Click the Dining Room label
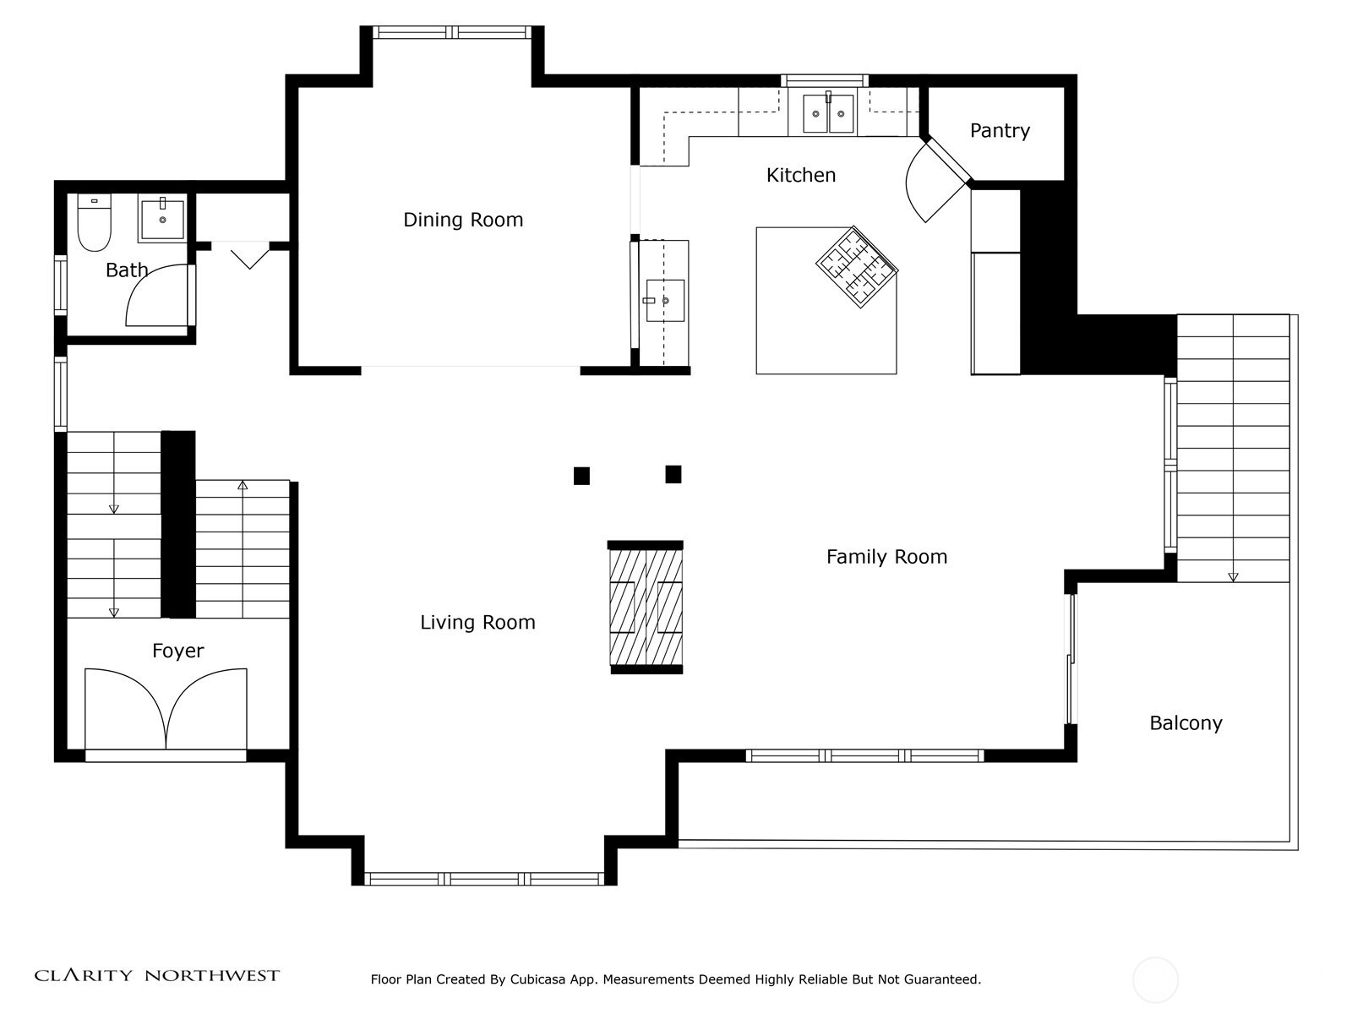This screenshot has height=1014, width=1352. coord(463,220)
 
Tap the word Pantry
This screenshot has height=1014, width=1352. coord(1000,130)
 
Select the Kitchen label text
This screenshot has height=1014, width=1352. coord(801,176)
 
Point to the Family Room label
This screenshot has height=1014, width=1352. coord(886,557)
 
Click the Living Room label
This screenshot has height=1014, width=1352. coord(477,623)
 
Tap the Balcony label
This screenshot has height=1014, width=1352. coord(1186,722)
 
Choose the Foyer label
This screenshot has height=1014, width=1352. coord(178,651)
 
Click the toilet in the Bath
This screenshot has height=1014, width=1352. coord(95,222)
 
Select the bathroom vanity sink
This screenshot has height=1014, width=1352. coord(162,219)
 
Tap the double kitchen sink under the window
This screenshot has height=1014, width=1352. coord(828,113)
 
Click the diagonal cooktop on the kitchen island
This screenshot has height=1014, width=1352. coord(857,267)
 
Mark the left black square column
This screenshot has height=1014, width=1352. coord(581,476)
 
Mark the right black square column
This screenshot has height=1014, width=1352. coord(673,474)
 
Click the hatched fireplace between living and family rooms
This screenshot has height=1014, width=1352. coord(646,607)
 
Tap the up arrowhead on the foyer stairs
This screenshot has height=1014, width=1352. coord(243,486)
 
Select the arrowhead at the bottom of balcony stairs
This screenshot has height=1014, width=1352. coord(1233,577)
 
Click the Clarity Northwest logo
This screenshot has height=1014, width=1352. coord(156,975)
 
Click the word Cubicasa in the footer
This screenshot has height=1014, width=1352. coord(537,979)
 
